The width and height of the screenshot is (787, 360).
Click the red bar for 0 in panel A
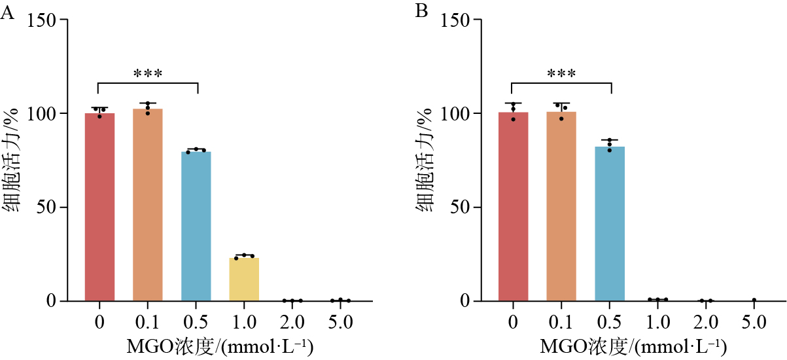[x=100, y=207]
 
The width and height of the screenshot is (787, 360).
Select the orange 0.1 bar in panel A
[x=148, y=205]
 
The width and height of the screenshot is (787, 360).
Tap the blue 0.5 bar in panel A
[x=196, y=226]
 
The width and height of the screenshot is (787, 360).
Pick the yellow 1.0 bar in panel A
[x=244, y=279]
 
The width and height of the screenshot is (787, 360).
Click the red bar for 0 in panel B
[x=514, y=207]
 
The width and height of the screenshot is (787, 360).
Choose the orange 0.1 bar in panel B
[x=561, y=206]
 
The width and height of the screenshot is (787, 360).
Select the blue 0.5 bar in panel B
[x=610, y=224]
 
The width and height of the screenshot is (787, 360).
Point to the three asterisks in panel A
[x=148, y=73]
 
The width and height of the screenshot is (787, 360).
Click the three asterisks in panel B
[x=561, y=73]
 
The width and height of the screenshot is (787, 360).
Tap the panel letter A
[x=7, y=13]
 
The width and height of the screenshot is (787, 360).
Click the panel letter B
[x=421, y=11]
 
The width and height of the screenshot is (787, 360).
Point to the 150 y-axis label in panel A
[x=41, y=21]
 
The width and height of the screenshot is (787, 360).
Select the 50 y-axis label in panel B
[x=459, y=207]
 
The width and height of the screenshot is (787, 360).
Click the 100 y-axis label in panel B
[x=455, y=114]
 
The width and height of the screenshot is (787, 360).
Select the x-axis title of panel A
[x=220, y=347]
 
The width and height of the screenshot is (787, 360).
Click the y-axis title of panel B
[x=425, y=160]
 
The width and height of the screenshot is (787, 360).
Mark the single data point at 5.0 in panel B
[x=754, y=300]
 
